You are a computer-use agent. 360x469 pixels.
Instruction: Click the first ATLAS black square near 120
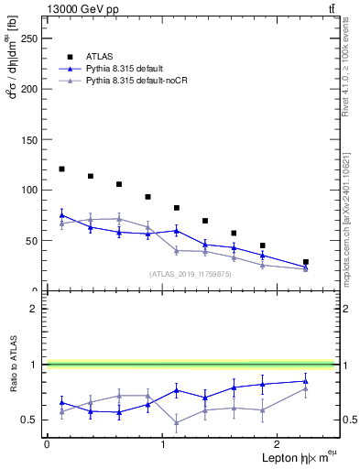tap(61, 169)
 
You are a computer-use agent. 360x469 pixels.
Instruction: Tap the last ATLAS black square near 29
tap(306, 262)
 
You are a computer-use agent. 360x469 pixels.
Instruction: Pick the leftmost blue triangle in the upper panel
tap(61, 215)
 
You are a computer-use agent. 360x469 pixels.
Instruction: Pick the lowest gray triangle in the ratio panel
tap(177, 422)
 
